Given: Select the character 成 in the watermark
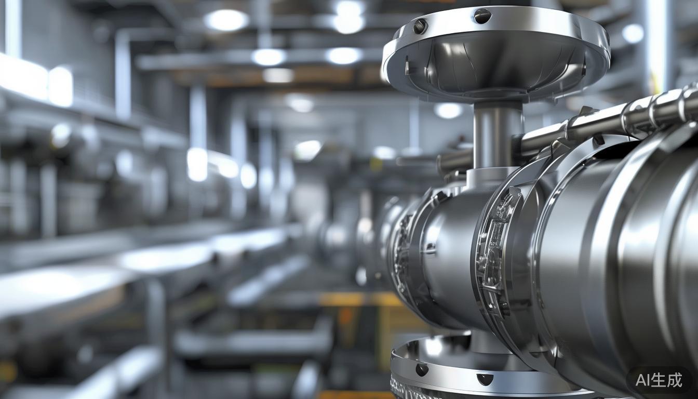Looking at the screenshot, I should point(674,380).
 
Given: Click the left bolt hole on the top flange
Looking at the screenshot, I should point(419,25).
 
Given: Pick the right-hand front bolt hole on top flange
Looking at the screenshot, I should point(482,16).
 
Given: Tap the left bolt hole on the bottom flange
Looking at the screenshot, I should point(422,369).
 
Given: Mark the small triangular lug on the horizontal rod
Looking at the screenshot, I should point(587,111).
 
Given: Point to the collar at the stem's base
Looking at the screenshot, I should point(491,177).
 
